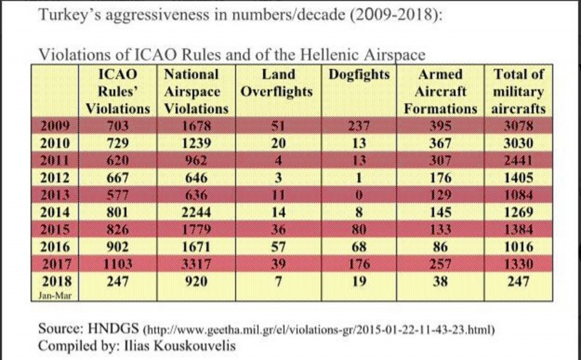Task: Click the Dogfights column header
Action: [x=359, y=75]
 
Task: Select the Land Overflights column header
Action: [x=277, y=83]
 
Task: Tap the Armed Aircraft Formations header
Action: [x=440, y=91]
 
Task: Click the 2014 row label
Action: [x=55, y=212]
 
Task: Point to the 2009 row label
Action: [x=55, y=126]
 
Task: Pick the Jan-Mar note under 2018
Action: [x=55, y=295]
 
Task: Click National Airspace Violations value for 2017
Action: [x=196, y=264]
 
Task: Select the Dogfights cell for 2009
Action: [x=359, y=126]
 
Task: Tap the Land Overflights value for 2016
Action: [x=278, y=247]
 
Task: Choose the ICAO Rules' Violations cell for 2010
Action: [x=118, y=143]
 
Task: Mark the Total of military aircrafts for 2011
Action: [x=519, y=160]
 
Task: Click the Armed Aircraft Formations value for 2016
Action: [x=440, y=247]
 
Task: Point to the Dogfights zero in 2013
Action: [x=359, y=195]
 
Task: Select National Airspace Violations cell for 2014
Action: [x=196, y=212]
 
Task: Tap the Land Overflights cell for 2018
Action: [x=278, y=282]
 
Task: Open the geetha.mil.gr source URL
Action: [x=319, y=330]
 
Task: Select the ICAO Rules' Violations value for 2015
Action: [x=118, y=229]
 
